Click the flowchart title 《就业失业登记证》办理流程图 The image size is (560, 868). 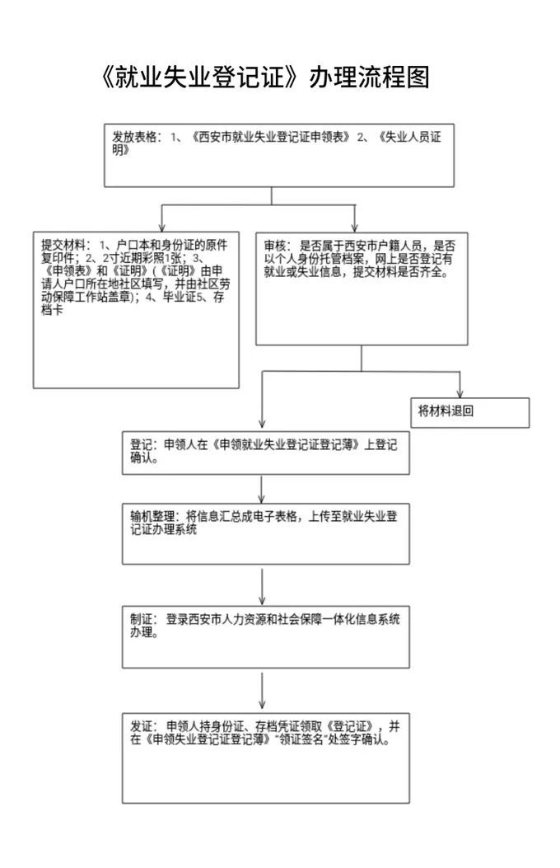click(265, 77)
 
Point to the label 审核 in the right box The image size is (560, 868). click(275, 246)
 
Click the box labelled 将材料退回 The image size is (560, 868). click(470, 412)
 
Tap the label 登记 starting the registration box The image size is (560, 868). click(141, 445)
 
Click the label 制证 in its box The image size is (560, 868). click(141, 619)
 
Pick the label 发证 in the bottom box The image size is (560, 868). click(141, 726)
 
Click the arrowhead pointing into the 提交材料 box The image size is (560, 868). click(162, 227)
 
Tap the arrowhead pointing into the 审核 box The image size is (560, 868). click(354, 227)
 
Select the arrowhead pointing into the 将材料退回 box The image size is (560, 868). click(460, 392)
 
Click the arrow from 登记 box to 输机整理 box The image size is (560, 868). click(262, 490)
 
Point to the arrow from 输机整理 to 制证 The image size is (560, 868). click(262, 586)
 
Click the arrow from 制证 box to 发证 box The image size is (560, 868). click(262, 691)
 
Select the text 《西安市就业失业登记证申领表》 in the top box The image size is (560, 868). click(270, 137)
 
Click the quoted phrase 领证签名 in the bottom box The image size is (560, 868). click(301, 739)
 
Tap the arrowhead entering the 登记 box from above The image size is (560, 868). click(262, 423)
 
